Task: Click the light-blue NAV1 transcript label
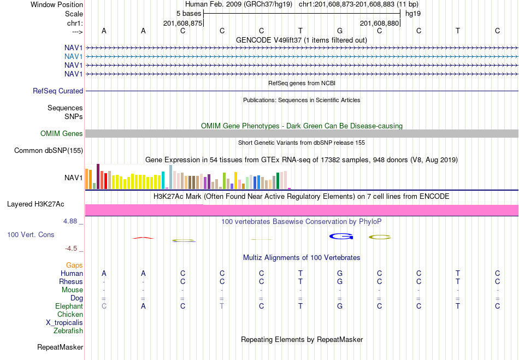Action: (x=74, y=57)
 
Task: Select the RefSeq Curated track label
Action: (x=58, y=91)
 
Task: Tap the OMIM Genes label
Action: (x=62, y=133)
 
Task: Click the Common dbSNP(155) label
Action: (x=49, y=151)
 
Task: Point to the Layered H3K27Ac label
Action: (x=36, y=204)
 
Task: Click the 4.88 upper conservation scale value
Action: (x=70, y=221)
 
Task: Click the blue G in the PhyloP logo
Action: (x=341, y=236)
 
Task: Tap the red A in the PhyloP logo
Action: (x=143, y=238)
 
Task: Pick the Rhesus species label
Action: (x=71, y=281)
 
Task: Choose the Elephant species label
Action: (x=69, y=306)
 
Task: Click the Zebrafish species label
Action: (x=68, y=331)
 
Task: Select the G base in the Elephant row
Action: (x=340, y=306)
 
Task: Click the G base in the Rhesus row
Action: (x=340, y=281)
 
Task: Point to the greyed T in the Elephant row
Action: (x=222, y=306)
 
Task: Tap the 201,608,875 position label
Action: (x=182, y=23)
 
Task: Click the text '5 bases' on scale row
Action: (x=188, y=14)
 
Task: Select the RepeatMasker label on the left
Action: (x=60, y=347)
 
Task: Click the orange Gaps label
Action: (x=74, y=265)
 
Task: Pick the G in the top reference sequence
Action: (x=340, y=31)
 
